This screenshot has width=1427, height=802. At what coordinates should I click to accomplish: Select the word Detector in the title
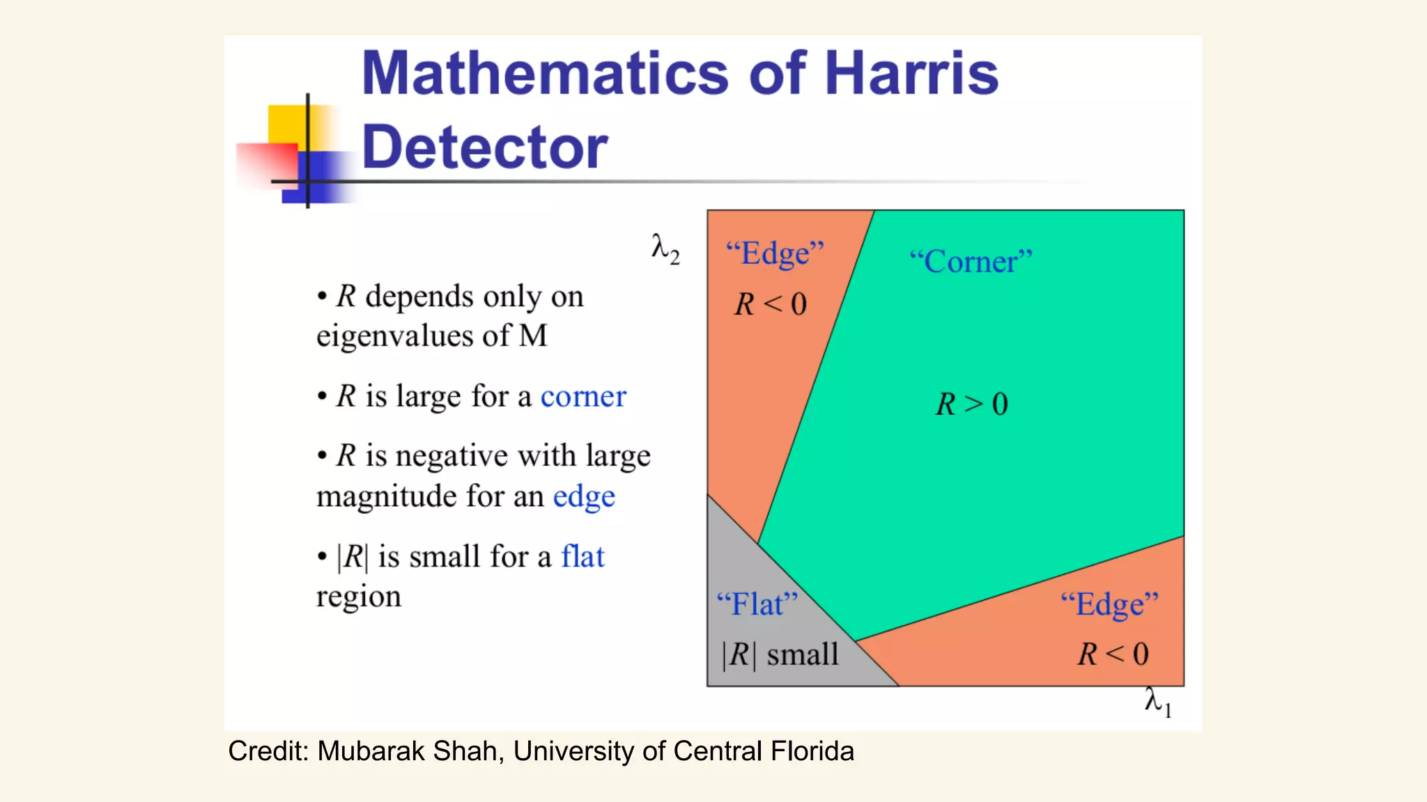[485, 147]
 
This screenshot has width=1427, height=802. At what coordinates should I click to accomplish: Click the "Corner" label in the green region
[971, 262]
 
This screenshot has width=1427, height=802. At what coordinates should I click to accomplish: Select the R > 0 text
[971, 404]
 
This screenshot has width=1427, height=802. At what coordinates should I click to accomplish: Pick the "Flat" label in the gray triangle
[757, 604]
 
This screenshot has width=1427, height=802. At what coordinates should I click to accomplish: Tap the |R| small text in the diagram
[780, 654]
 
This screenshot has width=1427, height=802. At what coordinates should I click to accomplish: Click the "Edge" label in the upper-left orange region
[775, 253]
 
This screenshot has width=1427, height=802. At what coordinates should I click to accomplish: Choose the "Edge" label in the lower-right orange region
[1109, 604]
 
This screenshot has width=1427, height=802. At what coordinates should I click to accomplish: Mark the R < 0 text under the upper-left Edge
[770, 304]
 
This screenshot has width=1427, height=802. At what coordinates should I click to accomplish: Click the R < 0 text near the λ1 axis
[1113, 654]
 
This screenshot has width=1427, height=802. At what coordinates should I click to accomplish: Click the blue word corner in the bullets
[583, 397]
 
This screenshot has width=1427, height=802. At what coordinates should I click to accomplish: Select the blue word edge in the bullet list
[584, 497]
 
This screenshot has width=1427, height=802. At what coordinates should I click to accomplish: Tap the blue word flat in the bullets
[583, 556]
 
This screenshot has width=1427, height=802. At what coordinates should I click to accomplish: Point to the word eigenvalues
[394, 336]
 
